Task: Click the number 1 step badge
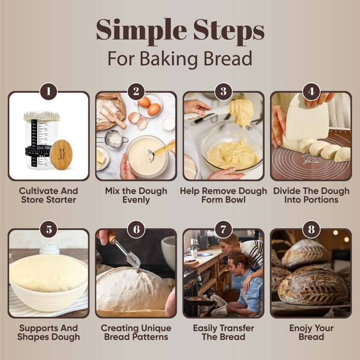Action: [x=48, y=92]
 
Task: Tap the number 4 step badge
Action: [x=311, y=92]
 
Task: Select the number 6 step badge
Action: [x=136, y=229]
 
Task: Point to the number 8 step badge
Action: [x=311, y=229]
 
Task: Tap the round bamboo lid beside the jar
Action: [x=61, y=154]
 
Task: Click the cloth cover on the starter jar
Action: [x=42, y=116]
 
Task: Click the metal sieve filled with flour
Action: [x=114, y=139]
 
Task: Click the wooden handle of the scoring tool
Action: [x=112, y=237]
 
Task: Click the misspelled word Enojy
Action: [x=300, y=328]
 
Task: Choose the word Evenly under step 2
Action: [x=136, y=200]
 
